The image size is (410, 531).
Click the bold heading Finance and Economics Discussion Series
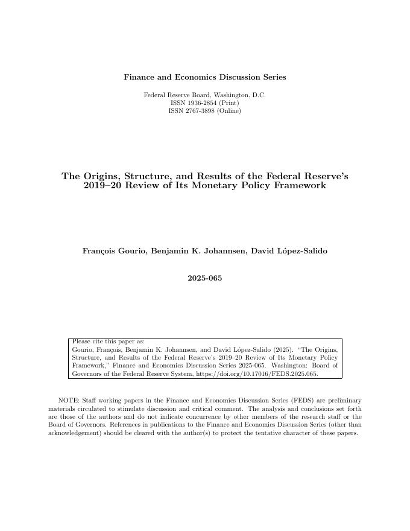click(x=205, y=77)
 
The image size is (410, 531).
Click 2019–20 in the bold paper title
click(x=100, y=186)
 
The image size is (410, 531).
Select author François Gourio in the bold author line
click(x=112, y=251)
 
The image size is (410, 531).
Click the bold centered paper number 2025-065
click(x=205, y=278)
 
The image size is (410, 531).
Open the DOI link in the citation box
click(x=265, y=374)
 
